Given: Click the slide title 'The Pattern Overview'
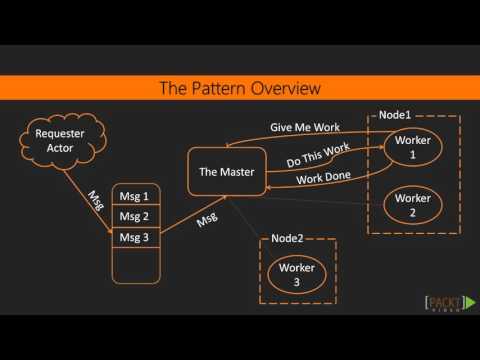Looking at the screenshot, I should pos(240,89).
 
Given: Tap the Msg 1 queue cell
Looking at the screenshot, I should pos(133,196).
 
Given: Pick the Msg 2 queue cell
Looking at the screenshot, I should pos(133,216).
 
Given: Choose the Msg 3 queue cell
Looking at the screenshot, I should pos(133,237).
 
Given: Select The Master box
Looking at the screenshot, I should pos(222,172).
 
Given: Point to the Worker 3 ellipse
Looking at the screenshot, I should pos(297,274).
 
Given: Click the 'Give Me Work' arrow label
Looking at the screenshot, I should pos(304,129).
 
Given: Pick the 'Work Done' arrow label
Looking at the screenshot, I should pos(322,180).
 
